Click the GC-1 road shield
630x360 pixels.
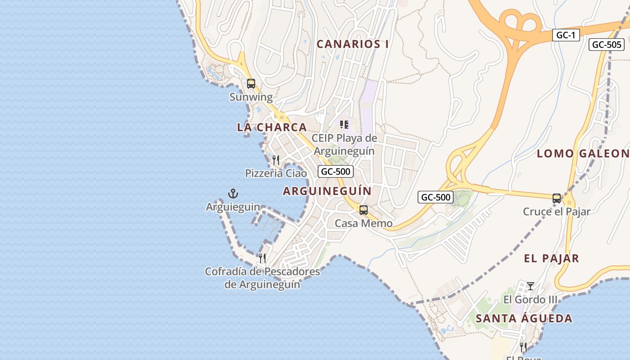[x=566, y=35]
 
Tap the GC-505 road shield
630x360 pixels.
[x=607, y=45]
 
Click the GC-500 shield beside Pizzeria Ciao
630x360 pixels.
[x=335, y=171]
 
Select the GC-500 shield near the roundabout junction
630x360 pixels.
[x=435, y=197]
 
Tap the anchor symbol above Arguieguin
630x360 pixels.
[x=233, y=194]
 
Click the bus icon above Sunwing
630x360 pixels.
[x=251, y=84]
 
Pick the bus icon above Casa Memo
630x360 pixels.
[x=363, y=210]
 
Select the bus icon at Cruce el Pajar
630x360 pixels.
[x=557, y=198]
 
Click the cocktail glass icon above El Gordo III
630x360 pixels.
[x=531, y=286]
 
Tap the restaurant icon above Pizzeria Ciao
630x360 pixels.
[x=276, y=160]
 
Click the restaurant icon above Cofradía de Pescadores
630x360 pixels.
[x=262, y=258]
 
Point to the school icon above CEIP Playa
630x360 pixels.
[x=344, y=125]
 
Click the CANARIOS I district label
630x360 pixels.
[x=352, y=44]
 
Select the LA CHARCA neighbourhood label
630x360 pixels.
[x=272, y=127]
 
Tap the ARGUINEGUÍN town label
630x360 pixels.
[x=327, y=191]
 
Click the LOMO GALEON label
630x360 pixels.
[x=583, y=153]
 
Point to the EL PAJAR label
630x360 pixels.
[x=551, y=258]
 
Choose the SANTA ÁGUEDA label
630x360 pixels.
[x=524, y=319]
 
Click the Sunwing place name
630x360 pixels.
[x=251, y=97]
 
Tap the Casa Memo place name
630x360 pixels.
[x=364, y=223]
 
